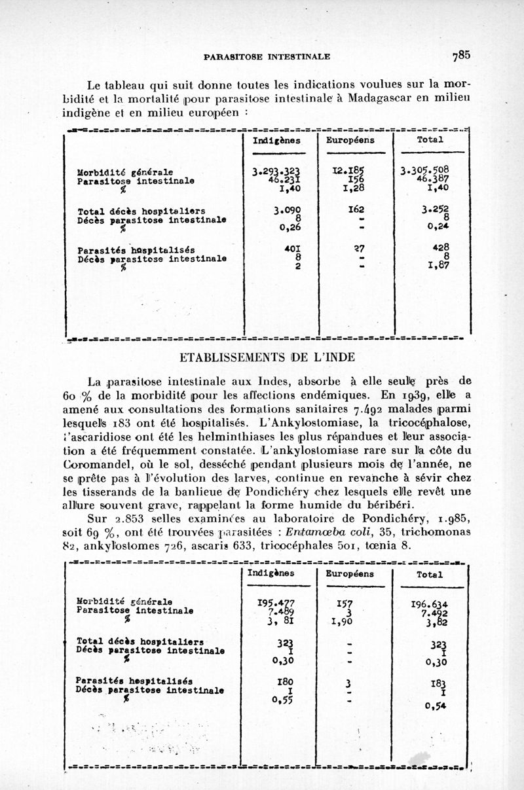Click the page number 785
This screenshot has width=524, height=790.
pyautogui.click(x=460, y=56)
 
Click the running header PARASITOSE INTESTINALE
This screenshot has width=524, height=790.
pyautogui.click(x=267, y=57)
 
